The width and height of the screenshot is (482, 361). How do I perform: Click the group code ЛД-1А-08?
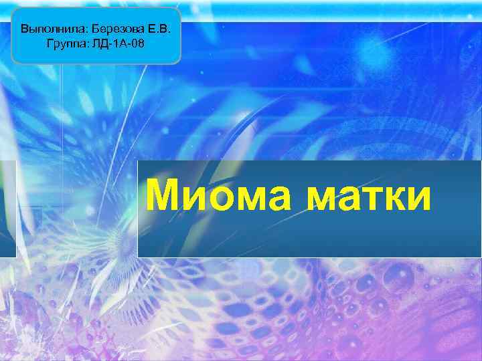[118, 43]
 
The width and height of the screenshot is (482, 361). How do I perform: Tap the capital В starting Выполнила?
[25, 29]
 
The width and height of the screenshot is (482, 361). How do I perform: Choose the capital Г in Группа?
[50, 43]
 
